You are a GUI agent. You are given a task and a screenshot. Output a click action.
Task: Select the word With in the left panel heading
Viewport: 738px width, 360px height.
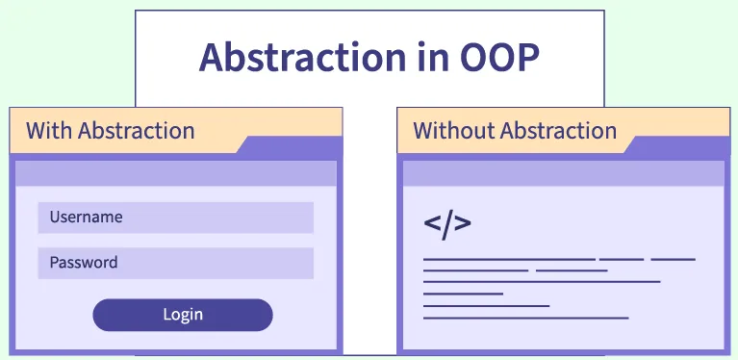[48, 131]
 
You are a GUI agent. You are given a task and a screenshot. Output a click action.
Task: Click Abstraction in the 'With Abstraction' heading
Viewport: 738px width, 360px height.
[136, 131]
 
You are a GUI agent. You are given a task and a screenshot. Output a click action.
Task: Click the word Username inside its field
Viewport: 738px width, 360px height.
[86, 218]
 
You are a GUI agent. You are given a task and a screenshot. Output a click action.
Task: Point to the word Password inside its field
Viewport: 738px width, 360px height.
[84, 263]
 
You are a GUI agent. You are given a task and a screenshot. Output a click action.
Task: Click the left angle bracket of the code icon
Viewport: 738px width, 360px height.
[430, 224]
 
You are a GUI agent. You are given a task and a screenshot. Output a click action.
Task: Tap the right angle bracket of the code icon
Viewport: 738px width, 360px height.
[464, 224]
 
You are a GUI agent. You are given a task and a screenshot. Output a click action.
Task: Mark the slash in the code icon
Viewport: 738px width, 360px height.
[447, 224]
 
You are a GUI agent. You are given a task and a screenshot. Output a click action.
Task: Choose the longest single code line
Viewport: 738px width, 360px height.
[542, 282]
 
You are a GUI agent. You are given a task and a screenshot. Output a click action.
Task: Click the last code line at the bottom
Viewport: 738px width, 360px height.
[525, 317]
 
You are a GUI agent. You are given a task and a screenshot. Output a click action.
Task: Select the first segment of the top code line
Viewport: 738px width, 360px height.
[509, 259]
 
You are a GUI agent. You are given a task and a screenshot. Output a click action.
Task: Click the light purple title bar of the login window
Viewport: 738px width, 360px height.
[175, 173]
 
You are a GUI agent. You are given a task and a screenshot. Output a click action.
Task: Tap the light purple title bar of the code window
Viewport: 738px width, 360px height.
[563, 173]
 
